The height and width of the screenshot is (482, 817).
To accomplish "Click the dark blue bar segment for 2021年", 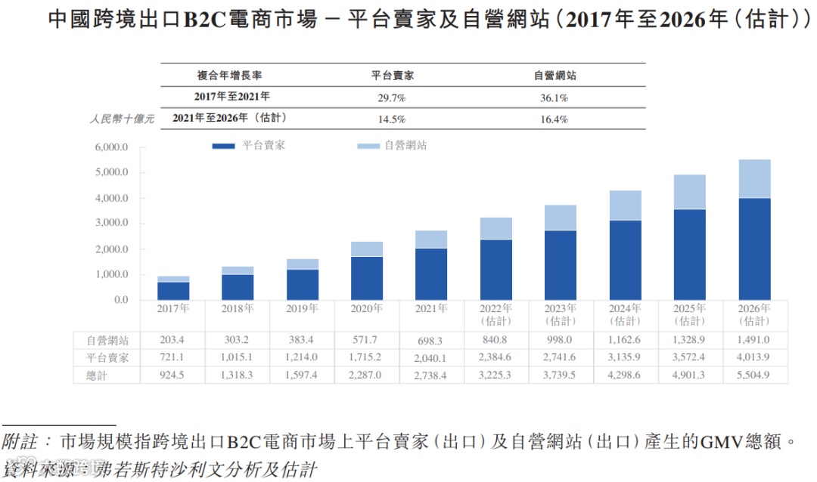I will [x=431, y=273].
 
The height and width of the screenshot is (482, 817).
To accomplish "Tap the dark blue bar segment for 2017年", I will [x=173, y=291].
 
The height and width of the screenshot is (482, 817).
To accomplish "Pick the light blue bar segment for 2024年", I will [x=625, y=205].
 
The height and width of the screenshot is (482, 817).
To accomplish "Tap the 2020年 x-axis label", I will [x=365, y=308].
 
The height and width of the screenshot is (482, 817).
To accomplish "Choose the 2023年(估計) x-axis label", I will [x=561, y=314].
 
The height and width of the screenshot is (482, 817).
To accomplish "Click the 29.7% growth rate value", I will [x=392, y=97].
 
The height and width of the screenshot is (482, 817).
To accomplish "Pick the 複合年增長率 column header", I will [x=230, y=76].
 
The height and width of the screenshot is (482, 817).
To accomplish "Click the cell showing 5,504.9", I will [x=754, y=375].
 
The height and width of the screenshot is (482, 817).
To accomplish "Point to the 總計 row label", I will [x=106, y=375].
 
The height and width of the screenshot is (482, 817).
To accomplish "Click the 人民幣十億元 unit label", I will [x=122, y=119].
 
